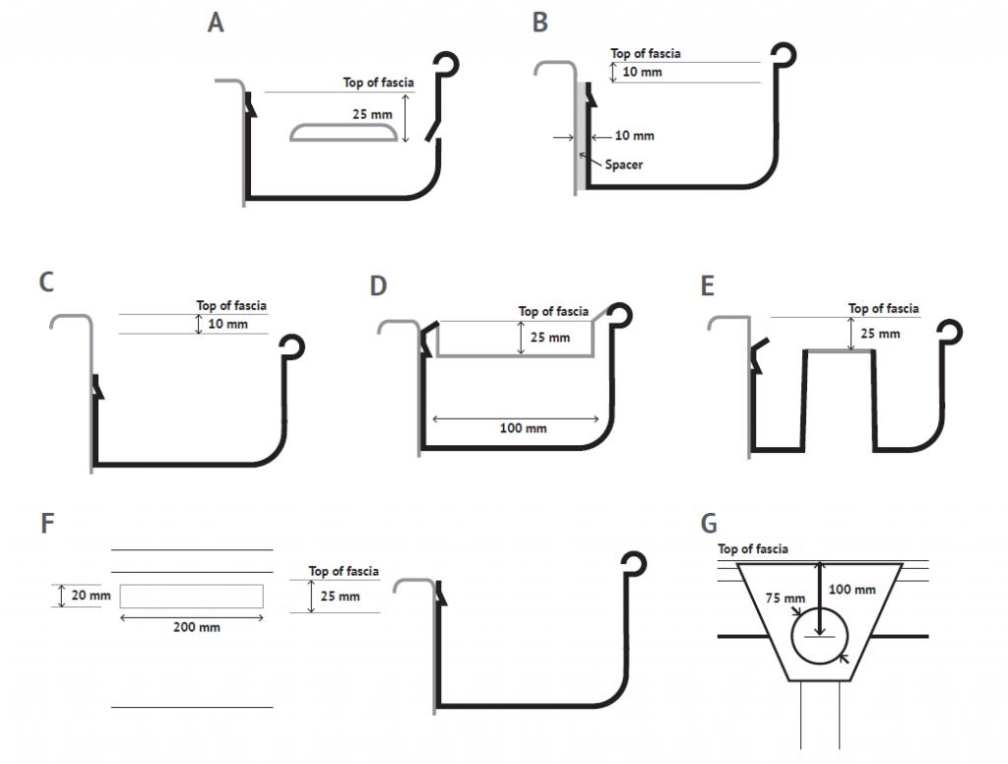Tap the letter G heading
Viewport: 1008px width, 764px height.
pos(728,522)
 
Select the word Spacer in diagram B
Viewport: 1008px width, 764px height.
pos(623,164)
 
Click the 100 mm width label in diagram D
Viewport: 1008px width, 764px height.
pos(523,428)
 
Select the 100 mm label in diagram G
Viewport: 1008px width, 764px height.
pos(851,590)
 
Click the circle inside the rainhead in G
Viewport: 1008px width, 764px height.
pos(819,635)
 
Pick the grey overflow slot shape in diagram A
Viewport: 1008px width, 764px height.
pos(345,134)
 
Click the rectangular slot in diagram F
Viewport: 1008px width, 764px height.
pos(192,596)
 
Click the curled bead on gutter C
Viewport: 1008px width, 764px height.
pos(293,348)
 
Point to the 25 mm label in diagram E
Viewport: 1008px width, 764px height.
pos(879,334)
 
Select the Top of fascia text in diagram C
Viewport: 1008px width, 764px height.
pos(231,306)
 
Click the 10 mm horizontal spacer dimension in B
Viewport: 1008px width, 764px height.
pos(634,136)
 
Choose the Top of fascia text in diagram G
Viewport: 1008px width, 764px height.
pos(753,549)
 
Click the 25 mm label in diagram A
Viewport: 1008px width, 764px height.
pos(372,114)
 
